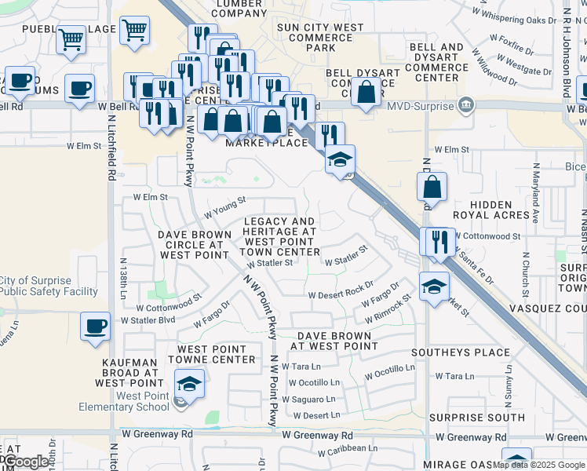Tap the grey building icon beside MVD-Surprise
point(466,104)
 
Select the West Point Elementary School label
point(124,401)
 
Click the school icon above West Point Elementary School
point(189,383)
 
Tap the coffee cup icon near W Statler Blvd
point(96,326)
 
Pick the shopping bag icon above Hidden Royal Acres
point(432,186)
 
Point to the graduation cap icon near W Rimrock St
point(434,286)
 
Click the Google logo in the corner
point(27,462)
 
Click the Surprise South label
point(470,418)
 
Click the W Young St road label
point(225,209)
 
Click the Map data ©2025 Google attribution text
point(538,465)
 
